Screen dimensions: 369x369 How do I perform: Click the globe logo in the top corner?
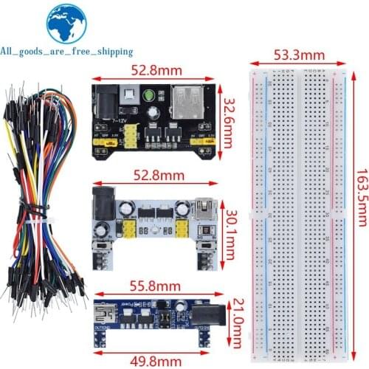tap(66, 24)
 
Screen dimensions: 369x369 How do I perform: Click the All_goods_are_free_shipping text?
tap(66, 52)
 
